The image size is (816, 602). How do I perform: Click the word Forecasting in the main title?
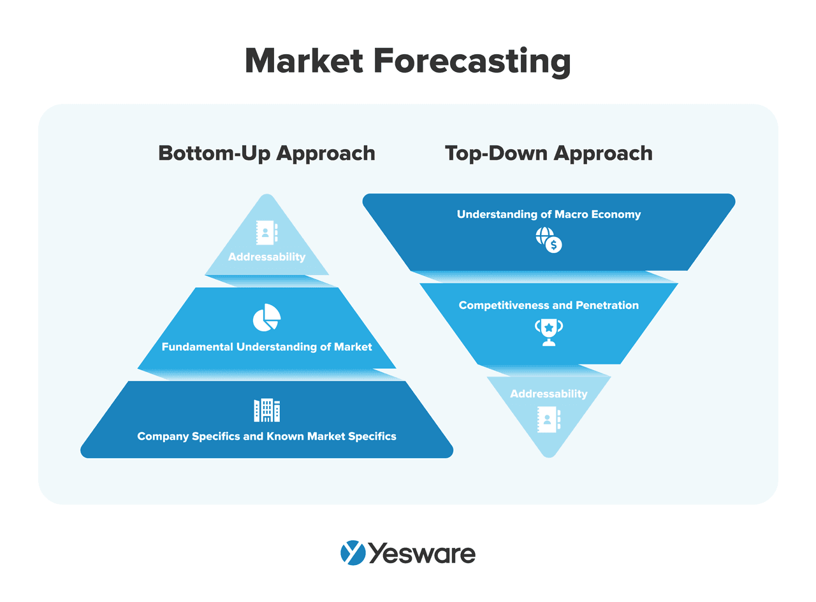[x=472, y=62]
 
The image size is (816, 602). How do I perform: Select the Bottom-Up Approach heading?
[x=266, y=154]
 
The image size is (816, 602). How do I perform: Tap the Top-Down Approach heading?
[x=548, y=154]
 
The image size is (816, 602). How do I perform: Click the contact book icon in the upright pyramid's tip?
[x=266, y=232]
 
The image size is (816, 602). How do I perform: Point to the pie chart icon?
[x=266, y=317]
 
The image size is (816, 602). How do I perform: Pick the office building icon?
[x=266, y=410]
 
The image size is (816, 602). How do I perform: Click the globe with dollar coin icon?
[x=548, y=240]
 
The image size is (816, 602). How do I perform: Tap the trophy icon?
[x=548, y=333]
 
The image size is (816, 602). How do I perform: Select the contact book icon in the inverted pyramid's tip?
[x=548, y=419]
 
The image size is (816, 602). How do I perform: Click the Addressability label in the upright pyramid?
[x=266, y=257]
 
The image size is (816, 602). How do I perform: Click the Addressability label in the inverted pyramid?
[x=548, y=394]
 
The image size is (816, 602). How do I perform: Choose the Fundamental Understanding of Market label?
[x=266, y=347]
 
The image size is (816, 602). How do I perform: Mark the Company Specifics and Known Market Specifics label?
[x=266, y=436]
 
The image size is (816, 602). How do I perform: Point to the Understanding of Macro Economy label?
[x=548, y=215]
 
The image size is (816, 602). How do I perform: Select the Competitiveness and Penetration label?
[x=548, y=305]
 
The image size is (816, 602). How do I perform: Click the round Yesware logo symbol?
[x=353, y=553]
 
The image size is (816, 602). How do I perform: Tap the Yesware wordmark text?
[x=422, y=553]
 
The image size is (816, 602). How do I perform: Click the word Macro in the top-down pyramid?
[x=571, y=215]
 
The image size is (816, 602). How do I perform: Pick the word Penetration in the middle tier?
[x=607, y=305]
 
